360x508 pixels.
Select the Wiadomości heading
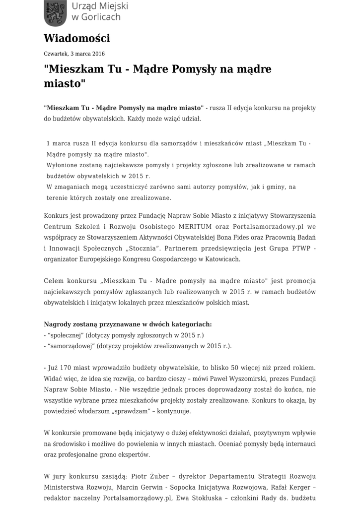(x=77, y=39)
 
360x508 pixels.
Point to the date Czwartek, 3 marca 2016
(x=74, y=54)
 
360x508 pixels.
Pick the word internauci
(x=299, y=444)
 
